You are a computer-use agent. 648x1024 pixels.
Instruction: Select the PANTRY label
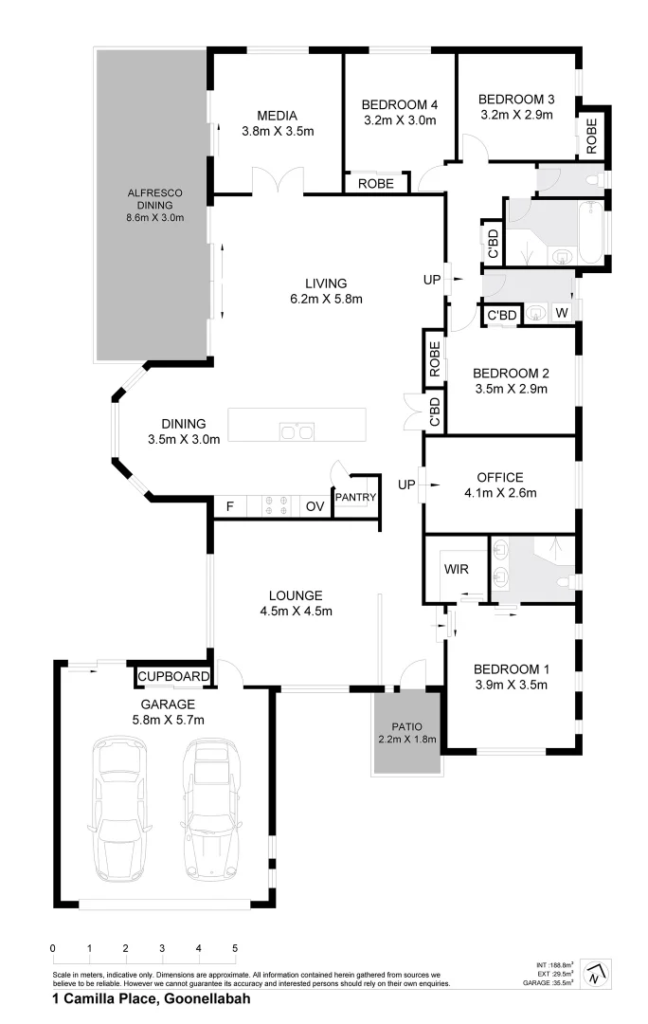356,497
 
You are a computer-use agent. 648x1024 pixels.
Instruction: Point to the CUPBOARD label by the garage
172,676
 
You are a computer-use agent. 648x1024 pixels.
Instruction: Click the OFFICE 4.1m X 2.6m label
500,485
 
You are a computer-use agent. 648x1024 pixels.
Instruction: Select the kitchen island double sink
297,431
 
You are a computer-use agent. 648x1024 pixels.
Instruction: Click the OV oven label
315,507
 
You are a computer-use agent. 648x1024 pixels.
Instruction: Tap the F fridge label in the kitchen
229,507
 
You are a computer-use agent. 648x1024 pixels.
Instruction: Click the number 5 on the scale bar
235,948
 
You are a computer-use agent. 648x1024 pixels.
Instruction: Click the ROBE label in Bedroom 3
592,135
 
